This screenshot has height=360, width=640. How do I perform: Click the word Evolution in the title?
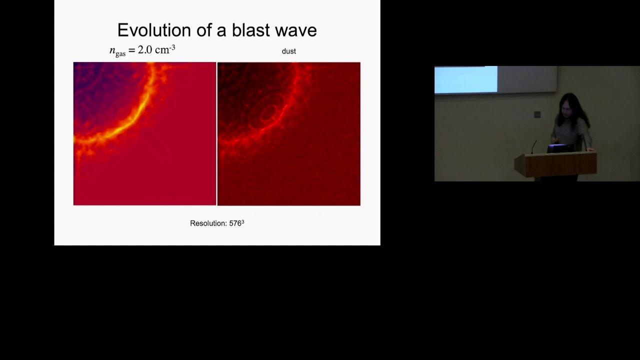coord(154,30)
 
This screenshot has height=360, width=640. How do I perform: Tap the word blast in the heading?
coord(250,30)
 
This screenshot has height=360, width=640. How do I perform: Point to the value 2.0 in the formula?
coord(145,50)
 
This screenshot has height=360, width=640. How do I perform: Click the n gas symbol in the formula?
coord(117,51)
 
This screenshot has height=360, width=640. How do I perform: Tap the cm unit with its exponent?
coord(165,49)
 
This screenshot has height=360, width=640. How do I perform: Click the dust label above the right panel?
coord(288,51)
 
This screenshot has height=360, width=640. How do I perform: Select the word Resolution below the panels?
coord(208,223)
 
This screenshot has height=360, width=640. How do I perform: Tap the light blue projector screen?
coord(466,79)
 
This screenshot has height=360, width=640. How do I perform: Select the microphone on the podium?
coord(533,147)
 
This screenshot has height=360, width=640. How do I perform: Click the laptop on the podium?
coord(560,148)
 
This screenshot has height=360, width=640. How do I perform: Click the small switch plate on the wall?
coord(537,114)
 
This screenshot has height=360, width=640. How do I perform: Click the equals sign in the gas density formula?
coord(131,50)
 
